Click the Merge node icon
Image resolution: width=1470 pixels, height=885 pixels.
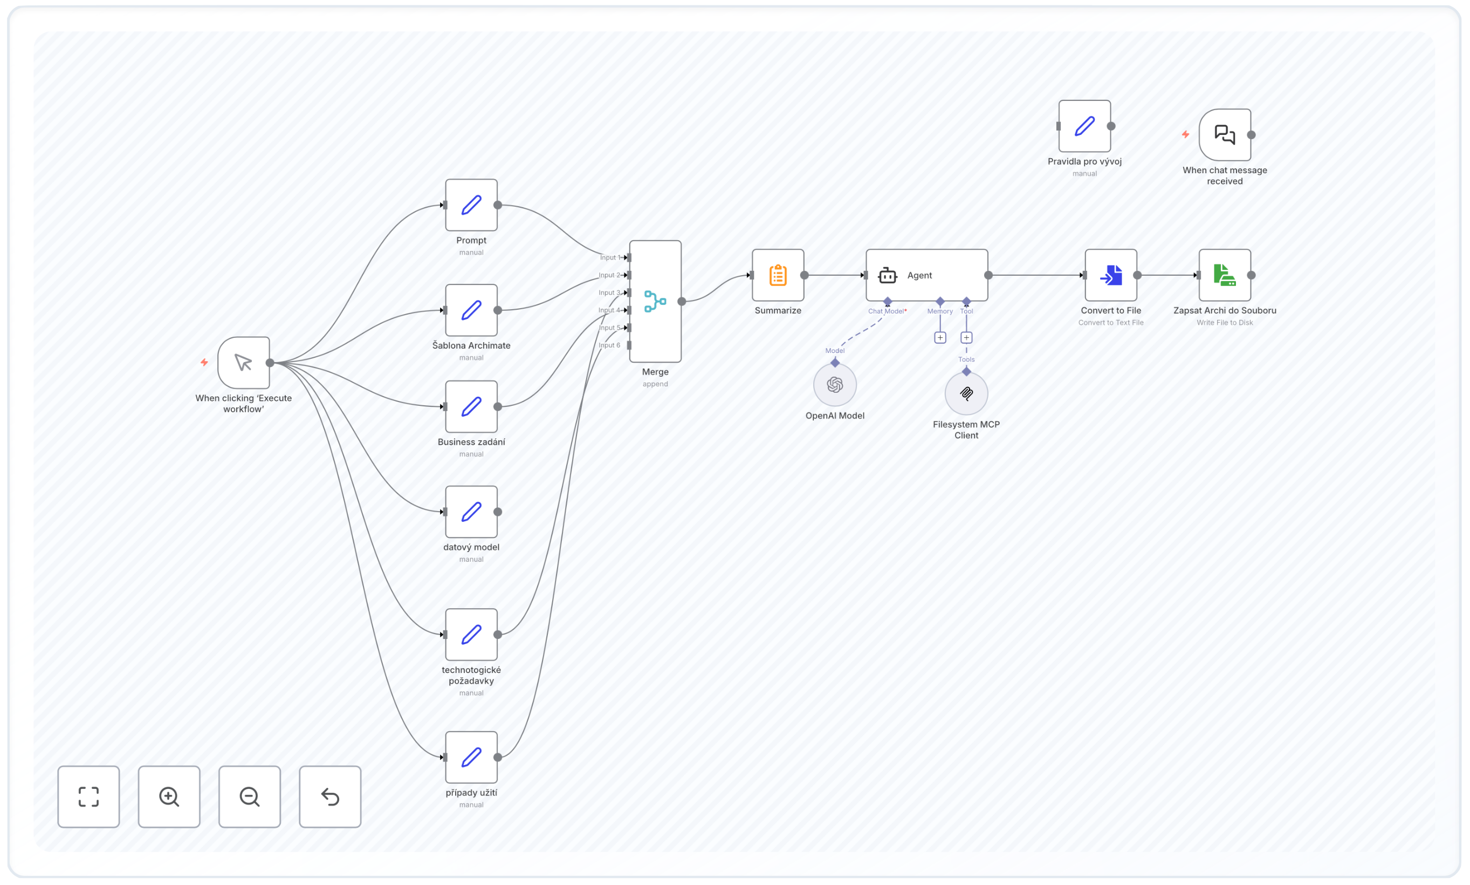tap(655, 301)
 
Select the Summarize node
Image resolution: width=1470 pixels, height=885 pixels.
tap(778, 275)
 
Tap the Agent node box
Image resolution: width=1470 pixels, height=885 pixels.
tap(926, 275)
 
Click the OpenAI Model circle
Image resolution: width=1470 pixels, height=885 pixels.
tap(835, 385)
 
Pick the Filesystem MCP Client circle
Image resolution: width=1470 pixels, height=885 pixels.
tap(966, 393)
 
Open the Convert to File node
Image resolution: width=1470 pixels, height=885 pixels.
tap(1111, 275)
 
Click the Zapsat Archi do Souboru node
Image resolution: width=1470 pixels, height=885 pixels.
tap(1225, 275)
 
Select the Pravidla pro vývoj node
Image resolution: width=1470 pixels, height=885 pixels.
tap(1084, 126)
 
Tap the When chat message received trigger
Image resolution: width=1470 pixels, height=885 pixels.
tap(1225, 135)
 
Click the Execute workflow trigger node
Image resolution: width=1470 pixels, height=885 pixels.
tap(244, 363)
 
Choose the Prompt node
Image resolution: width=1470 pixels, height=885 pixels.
tap(471, 205)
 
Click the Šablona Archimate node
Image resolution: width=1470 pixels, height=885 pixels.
tap(471, 310)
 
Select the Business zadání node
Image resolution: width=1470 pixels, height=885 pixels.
tap(471, 407)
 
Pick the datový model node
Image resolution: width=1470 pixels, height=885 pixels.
tap(471, 512)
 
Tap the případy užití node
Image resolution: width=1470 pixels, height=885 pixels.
tap(471, 758)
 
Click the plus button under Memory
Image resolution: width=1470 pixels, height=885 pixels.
tap(940, 337)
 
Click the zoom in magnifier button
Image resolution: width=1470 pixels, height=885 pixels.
tap(169, 796)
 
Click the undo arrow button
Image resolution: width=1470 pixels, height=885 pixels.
tap(330, 796)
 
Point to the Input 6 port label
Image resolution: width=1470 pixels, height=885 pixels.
tap(609, 345)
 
